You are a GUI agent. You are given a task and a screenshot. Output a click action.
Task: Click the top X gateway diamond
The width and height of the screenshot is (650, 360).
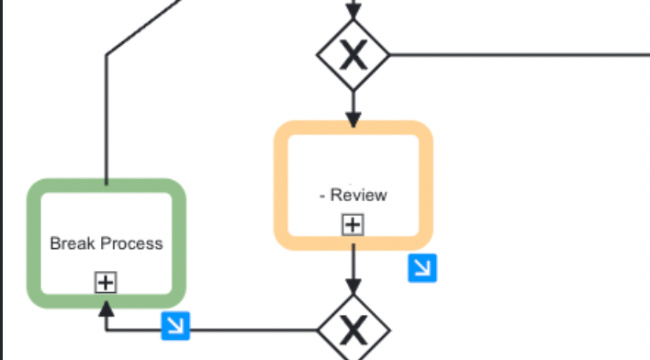(x=353, y=56)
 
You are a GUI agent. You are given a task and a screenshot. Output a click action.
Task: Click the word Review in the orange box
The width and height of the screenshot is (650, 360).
(x=359, y=195)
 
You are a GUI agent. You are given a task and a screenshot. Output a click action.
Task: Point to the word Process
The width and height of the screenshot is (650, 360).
(x=131, y=243)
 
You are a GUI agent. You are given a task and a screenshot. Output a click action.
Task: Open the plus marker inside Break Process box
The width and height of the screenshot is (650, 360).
(x=106, y=283)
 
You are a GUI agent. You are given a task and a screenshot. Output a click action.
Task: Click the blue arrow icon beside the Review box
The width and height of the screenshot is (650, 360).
(x=422, y=267)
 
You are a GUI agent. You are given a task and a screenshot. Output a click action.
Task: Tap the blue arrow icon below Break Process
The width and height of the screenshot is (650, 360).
(x=174, y=325)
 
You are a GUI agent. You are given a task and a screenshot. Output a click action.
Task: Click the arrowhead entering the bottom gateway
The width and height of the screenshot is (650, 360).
(x=353, y=287)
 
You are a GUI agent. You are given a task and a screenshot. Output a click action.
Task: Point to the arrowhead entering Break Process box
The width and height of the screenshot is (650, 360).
(x=106, y=314)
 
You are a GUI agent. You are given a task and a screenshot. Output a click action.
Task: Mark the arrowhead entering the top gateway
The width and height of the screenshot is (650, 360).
(x=353, y=12)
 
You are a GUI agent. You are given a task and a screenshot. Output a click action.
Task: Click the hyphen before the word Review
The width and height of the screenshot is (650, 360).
(x=322, y=195)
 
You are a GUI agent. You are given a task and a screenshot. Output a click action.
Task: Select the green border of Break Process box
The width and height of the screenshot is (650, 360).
(x=32, y=243)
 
